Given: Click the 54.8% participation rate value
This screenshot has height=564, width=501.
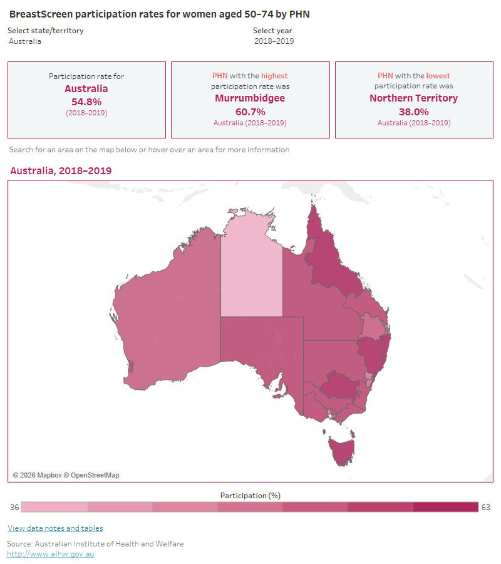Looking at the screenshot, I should point(86,102).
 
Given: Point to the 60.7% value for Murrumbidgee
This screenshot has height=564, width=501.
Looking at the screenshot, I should point(250,112).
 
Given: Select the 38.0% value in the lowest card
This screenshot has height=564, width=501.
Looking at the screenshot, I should point(413,112).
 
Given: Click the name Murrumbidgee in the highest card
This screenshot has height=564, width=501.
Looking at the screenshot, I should point(250,98).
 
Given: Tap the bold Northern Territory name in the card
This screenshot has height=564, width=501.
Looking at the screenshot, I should point(413,98).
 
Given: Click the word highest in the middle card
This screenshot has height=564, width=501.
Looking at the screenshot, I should point(274,76).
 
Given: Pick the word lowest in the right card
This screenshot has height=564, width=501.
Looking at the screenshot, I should point(438,76).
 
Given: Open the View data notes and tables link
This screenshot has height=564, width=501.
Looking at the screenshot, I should point(55,528).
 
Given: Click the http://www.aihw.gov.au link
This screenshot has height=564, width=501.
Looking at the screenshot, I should point(50,554).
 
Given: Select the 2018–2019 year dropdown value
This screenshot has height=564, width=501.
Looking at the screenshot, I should point(274,41).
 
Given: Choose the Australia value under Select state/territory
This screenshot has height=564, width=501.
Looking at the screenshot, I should point(25,41).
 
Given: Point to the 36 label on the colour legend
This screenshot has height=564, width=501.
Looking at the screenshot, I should point(14,507).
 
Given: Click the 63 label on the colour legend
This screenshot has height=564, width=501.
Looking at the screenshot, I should point(486,507).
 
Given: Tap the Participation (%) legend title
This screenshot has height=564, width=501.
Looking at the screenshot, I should point(250,495).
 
